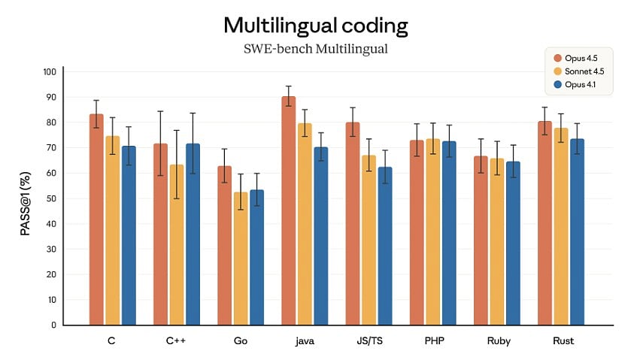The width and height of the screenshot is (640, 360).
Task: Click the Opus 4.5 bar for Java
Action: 289,210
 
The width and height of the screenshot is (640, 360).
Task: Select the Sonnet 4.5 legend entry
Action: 579,71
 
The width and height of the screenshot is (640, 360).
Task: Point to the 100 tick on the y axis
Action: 50,72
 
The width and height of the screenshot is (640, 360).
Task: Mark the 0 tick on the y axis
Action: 53,325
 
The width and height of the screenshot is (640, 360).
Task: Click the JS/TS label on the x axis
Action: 369,341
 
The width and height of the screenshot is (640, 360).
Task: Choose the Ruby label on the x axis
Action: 498,341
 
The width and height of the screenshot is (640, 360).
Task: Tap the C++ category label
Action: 177,341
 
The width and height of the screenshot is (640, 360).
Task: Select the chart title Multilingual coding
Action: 316,26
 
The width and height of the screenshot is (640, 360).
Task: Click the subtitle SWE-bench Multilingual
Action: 316,49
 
